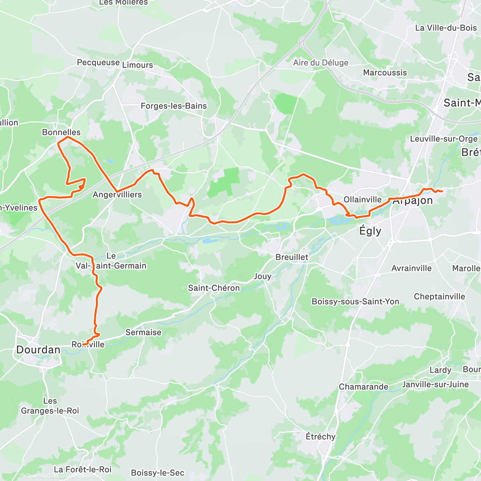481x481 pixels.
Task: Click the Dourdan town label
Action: pyautogui.click(x=38, y=350)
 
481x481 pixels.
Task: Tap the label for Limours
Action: pyautogui.click(x=137, y=65)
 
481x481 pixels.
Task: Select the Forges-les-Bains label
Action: pyautogui.click(x=174, y=106)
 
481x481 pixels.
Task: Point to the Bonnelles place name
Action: pyautogui.click(x=61, y=132)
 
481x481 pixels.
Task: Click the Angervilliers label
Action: pyautogui.click(x=117, y=195)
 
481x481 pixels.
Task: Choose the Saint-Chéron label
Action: pyautogui.click(x=214, y=288)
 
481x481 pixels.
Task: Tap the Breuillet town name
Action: pyautogui.click(x=292, y=257)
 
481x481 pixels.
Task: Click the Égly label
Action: pyautogui.click(x=370, y=231)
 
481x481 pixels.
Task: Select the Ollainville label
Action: pyautogui.click(x=362, y=200)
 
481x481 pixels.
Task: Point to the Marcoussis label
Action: pyautogui.click(x=385, y=73)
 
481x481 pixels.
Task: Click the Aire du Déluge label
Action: pyautogui.click(x=321, y=63)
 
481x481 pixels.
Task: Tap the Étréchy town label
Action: pyautogui.click(x=320, y=436)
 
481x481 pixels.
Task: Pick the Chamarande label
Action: pyautogui.click(x=364, y=387)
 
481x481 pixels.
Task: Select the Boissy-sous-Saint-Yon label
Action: pyautogui.click(x=356, y=301)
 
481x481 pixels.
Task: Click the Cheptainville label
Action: pyautogui.click(x=439, y=297)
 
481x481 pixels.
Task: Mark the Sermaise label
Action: pyautogui.click(x=143, y=332)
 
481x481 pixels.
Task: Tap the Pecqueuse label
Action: pyautogui.click(x=98, y=63)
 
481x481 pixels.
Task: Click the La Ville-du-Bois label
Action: pyautogui.click(x=446, y=28)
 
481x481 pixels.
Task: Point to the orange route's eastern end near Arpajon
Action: pyautogui.click(x=441, y=191)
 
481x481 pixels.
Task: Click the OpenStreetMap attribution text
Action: pyautogui.click(x=84, y=476)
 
